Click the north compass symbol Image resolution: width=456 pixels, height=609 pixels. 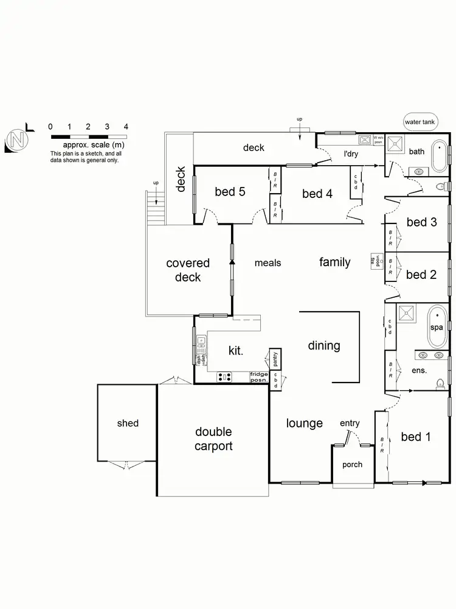point(17,140)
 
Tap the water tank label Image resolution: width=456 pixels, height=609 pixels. point(420,122)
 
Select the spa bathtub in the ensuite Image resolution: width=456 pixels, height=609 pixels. point(437,326)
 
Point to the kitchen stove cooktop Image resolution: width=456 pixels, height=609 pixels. point(224,378)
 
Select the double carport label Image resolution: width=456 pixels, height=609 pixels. point(213,438)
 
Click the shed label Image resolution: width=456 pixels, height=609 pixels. point(128,423)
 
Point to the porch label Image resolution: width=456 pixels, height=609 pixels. point(352,464)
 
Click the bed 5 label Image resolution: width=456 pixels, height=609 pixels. point(230,192)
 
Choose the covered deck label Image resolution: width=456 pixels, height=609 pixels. point(188,270)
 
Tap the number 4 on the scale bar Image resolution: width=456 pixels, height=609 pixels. point(126,127)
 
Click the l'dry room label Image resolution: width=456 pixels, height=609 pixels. point(351,154)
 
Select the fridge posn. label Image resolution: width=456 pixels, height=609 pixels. point(259,378)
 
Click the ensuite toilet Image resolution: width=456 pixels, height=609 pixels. point(441,383)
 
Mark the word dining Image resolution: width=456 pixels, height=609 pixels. point(323,345)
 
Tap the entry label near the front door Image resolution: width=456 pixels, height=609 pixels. point(350,423)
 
